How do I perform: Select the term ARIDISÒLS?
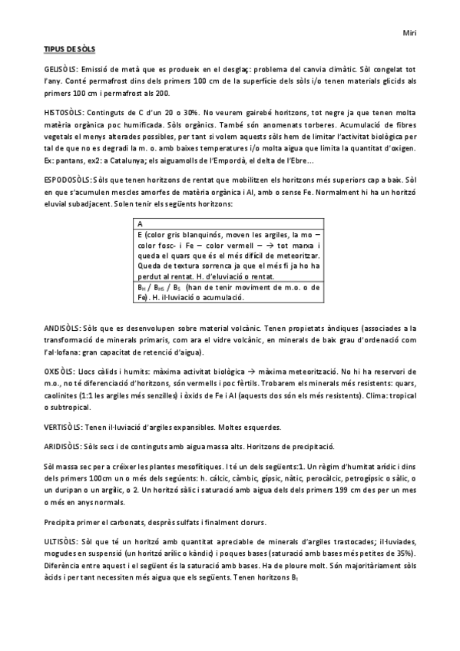click(x=64, y=446)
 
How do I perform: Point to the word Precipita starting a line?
click(x=63, y=521)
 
